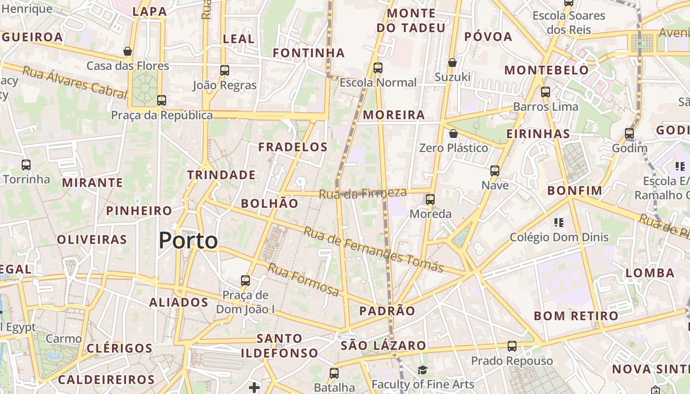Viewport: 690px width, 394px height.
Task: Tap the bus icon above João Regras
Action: tap(225, 70)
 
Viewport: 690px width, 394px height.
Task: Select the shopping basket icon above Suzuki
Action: tap(452, 63)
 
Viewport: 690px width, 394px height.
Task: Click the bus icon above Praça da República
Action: tap(162, 100)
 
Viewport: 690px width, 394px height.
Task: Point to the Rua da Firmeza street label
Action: tap(363, 194)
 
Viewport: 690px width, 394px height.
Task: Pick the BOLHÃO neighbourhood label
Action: tap(270, 203)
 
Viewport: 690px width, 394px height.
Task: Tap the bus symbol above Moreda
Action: tap(430, 199)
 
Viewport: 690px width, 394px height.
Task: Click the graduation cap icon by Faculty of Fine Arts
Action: tap(422, 370)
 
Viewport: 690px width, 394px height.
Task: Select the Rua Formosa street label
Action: tap(303, 279)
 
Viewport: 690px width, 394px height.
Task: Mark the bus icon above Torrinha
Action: tap(26, 165)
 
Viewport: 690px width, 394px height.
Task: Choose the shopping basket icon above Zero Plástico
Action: tap(453, 133)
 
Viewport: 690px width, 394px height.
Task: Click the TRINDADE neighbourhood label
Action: tap(221, 175)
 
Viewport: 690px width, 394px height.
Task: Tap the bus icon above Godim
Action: tap(629, 133)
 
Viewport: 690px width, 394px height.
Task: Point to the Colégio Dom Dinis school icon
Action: tap(558, 223)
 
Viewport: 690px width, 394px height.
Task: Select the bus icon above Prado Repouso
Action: tap(512, 346)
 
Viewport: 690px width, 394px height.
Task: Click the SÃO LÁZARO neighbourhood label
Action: tap(383, 345)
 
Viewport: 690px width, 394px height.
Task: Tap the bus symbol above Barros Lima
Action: tap(546, 92)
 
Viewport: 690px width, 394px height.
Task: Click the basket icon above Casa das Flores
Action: tap(128, 51)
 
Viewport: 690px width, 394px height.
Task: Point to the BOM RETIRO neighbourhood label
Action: tap(576, 316)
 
